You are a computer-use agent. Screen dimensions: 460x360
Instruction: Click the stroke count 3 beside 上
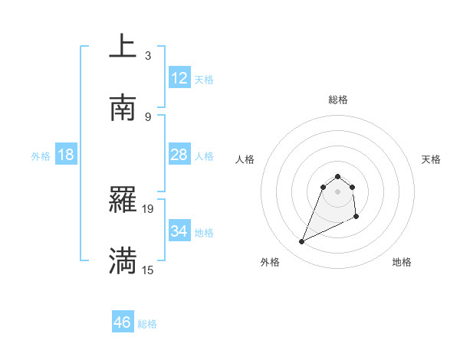point(148,55)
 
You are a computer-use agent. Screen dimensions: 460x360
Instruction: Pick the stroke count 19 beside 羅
point(148,208)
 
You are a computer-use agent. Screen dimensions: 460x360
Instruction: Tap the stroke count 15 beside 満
point(148,270)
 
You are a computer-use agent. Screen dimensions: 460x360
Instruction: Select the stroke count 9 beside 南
point(148,116)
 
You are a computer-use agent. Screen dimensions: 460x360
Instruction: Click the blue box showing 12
point(179,77)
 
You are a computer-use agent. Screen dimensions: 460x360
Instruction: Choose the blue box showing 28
point(179,155)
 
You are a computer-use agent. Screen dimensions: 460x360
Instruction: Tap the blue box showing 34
point(179,231)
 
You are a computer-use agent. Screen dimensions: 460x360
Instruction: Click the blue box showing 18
point(66,155)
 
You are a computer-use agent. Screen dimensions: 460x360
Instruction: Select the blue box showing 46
point(122,322)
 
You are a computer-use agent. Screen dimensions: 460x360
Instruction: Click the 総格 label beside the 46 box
point(147,324)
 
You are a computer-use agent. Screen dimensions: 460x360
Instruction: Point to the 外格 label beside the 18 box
point(41,156)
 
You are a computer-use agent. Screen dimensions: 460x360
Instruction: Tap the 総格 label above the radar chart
point(338,100)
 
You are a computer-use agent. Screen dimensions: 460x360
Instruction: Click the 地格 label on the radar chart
point(402,263)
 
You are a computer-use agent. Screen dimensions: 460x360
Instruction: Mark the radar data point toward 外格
point(301,242)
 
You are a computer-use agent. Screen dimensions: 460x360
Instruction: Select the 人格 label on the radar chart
point(245,159)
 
